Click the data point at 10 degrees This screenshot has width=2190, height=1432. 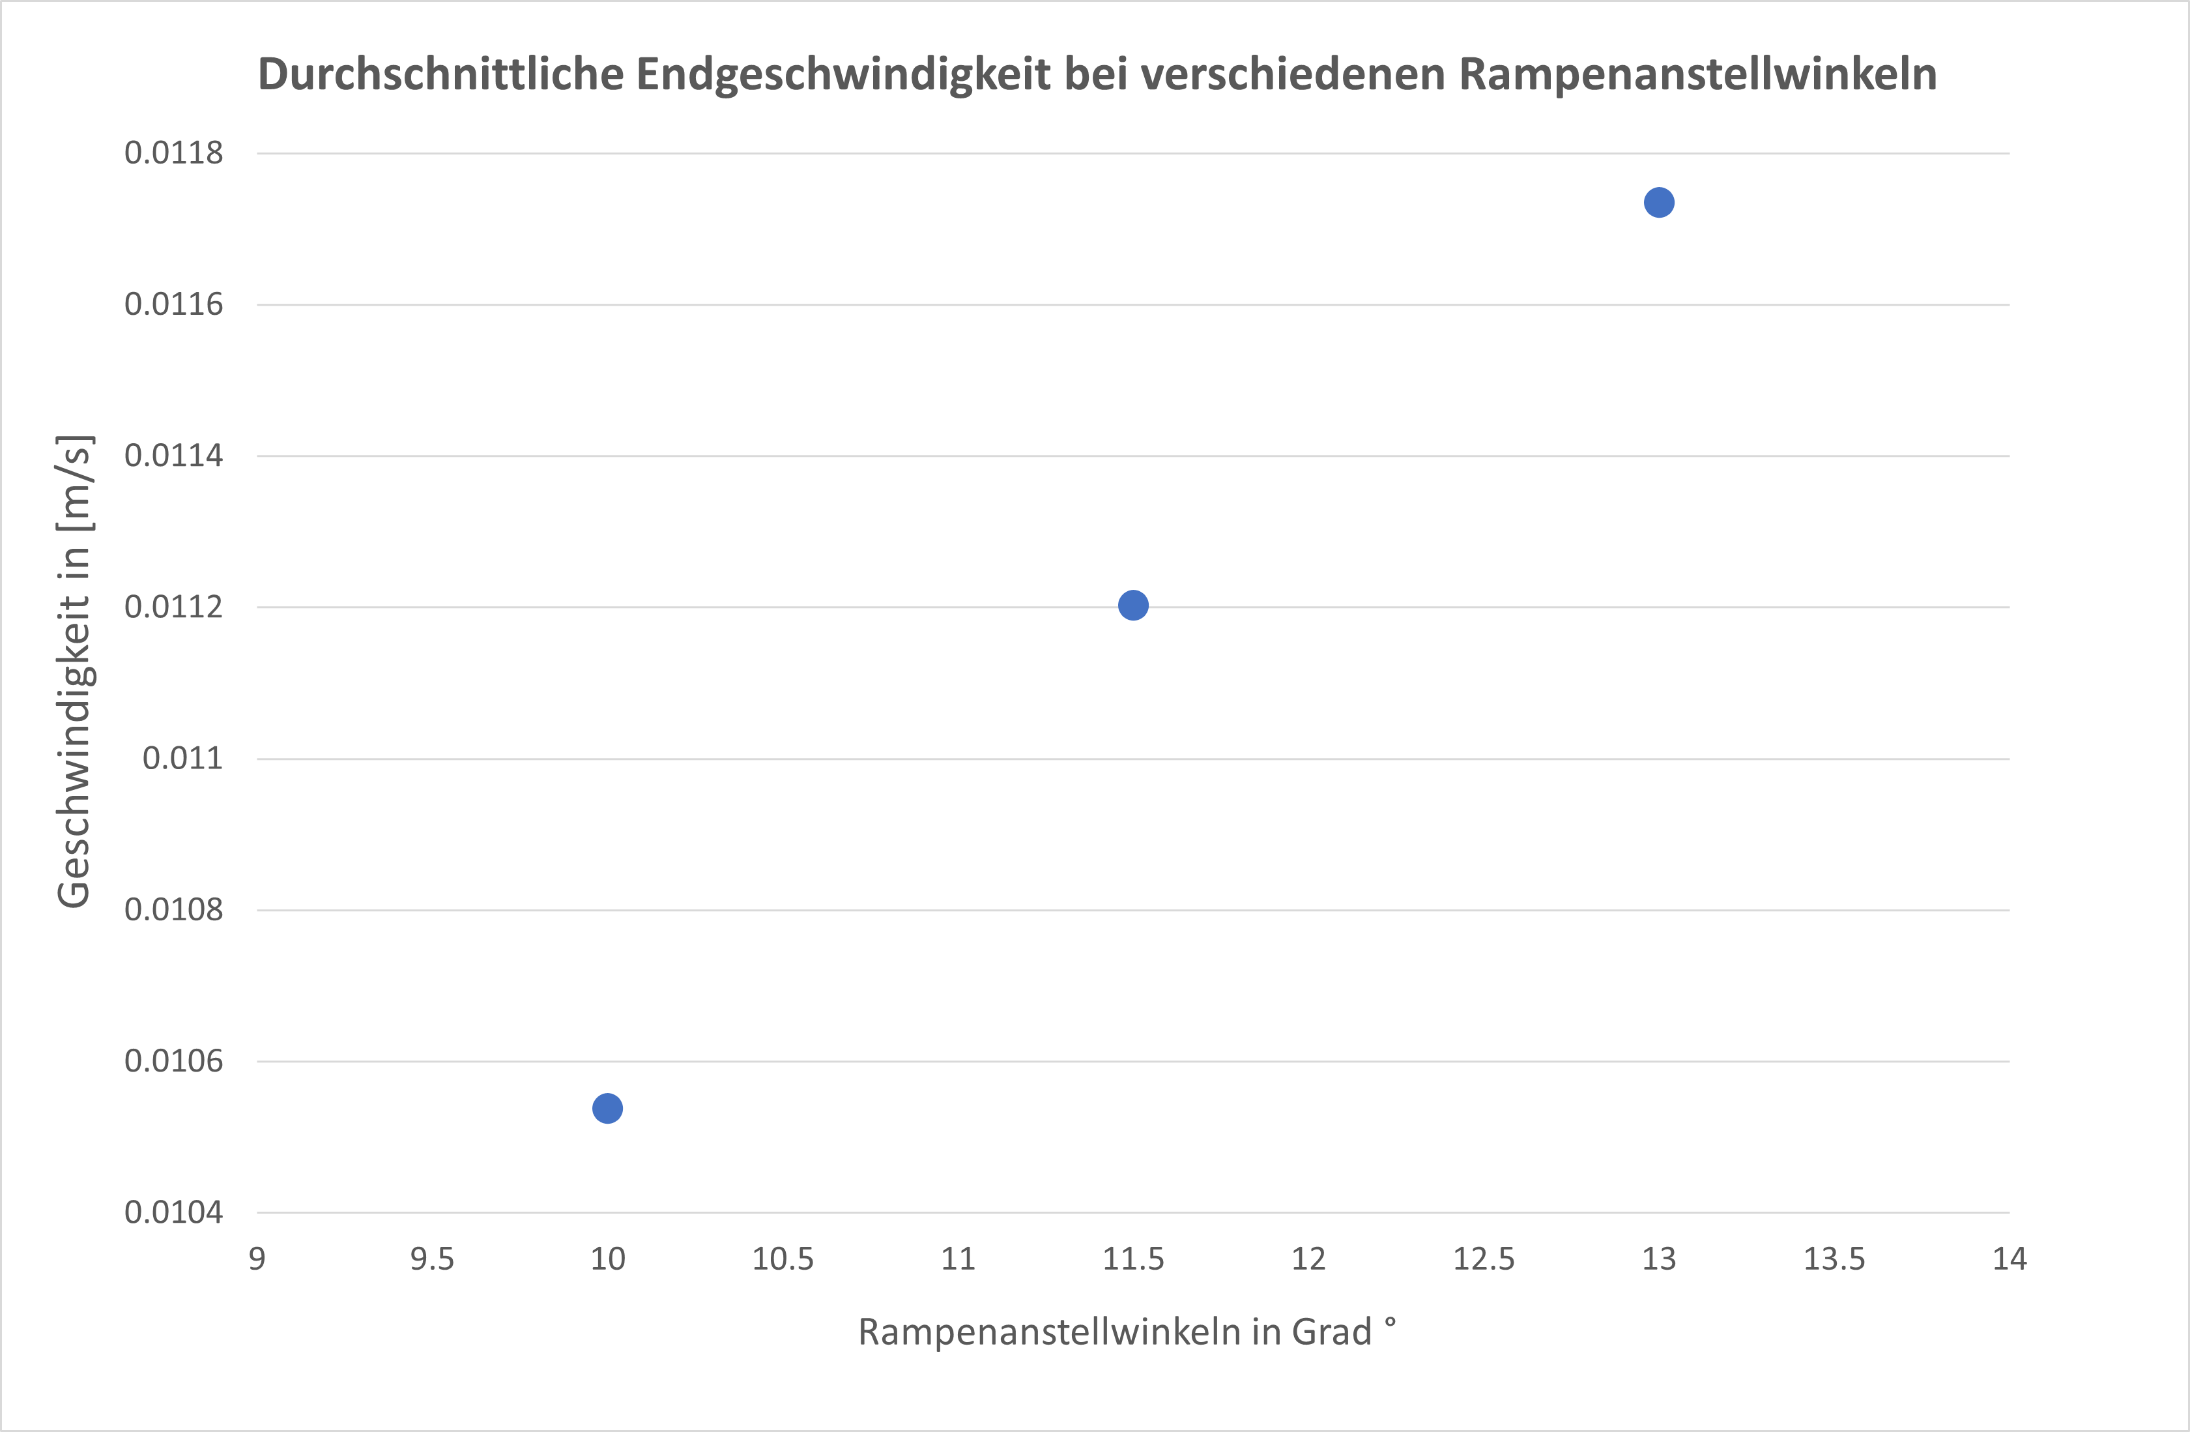[607, 1108]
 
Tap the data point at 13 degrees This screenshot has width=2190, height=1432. [1658, 203]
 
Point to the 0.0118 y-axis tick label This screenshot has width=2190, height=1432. [174, 153]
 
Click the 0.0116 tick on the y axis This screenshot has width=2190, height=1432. [174, 304]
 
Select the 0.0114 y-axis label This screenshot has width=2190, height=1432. [174, 456]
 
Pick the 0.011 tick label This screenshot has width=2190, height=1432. [182, 758]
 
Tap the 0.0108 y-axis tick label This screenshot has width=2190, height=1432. [174, 910]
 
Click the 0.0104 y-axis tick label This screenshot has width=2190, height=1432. [174, 1213]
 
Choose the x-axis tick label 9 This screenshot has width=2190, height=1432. [257, 1259]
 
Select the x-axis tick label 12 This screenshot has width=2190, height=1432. [1308, 1259]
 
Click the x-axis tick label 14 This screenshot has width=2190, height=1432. [2010, 1259]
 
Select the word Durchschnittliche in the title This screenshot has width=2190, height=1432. [440, 74]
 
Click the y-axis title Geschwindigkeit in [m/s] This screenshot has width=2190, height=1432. [74, 672]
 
